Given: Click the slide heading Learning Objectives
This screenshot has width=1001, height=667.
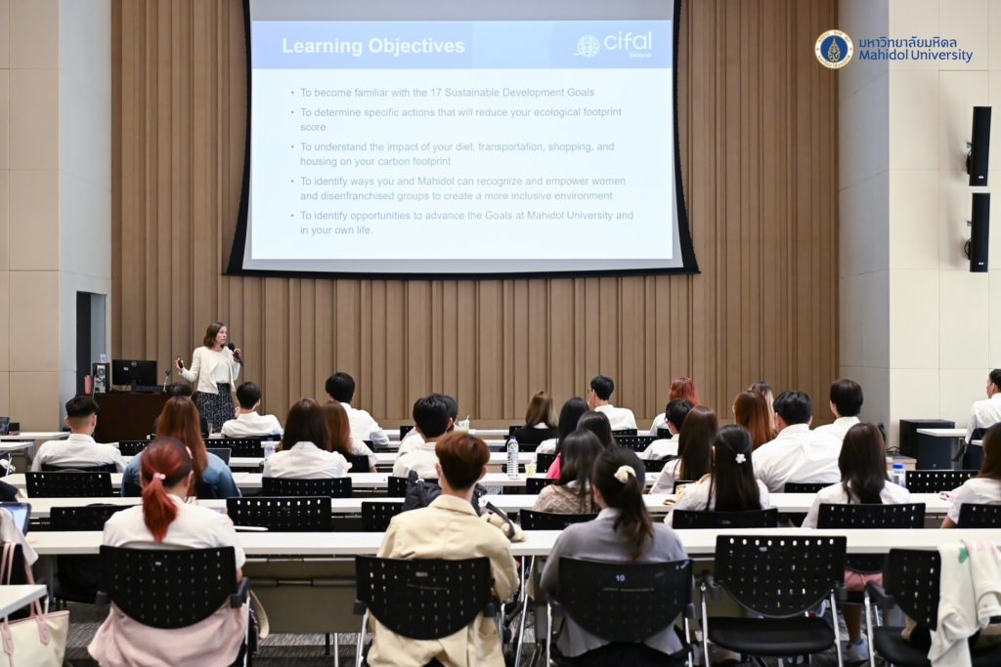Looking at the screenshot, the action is (x=372, y=46).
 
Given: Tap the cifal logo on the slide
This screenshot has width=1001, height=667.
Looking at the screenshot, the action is (x=613, y=44).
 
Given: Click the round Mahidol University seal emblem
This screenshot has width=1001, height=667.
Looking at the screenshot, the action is (x=833, y=49).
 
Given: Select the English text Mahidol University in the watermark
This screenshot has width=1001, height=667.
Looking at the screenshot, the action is (x=915, y=56).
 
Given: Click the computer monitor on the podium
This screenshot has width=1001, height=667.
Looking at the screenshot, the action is (x=134, y=373).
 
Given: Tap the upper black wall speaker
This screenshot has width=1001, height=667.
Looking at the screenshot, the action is (x=979, y=146).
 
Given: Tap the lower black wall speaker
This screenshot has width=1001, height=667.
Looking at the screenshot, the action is (x=979, y=232).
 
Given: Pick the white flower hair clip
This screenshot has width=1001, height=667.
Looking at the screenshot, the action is (x=741, y=458).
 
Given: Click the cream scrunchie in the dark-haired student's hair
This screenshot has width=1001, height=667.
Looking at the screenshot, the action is (x=625, y=473).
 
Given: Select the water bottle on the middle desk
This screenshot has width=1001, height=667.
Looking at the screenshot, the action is (x=512, y=457).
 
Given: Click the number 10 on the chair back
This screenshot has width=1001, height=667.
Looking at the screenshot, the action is (x=620, y=578).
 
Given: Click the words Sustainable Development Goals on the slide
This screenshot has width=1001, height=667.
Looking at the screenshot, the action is (x=519, y=93).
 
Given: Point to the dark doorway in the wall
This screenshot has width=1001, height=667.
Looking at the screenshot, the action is (x=91, y=344).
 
